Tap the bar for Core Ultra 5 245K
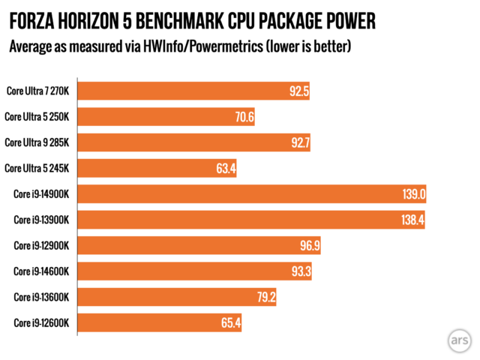point(157,168)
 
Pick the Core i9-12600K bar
point(159,323)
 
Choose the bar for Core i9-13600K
point(177,298)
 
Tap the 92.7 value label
point(298,142)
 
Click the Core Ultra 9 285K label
point(37,142)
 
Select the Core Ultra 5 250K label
point(37,116)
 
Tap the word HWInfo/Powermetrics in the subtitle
point(205,47)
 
